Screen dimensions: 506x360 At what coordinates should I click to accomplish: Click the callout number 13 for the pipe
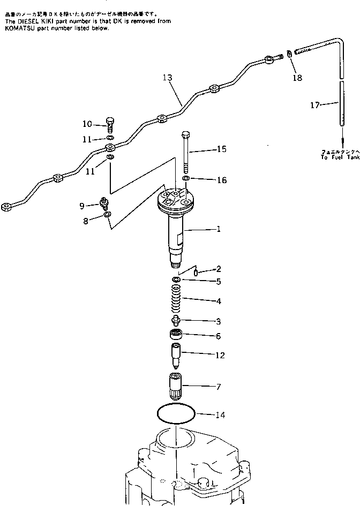(167, 78)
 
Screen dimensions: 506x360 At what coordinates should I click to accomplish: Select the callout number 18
(297, 78)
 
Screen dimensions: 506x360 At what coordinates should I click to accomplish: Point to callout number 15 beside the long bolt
(221, 149)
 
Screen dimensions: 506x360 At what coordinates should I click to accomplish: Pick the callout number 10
(87, 124)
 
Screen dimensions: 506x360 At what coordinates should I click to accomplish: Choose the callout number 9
(82, 206)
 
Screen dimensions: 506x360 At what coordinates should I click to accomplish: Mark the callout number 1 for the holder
(219, 229)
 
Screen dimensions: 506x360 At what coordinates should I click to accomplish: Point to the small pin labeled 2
(196, 272)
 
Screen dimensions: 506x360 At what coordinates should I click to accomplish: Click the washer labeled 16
(185, 178)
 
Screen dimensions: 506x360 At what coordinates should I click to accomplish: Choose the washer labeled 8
(107, 215)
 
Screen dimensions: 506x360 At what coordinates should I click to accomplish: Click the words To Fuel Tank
(339, 158)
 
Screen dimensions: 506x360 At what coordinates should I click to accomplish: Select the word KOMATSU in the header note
(19, 28)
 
